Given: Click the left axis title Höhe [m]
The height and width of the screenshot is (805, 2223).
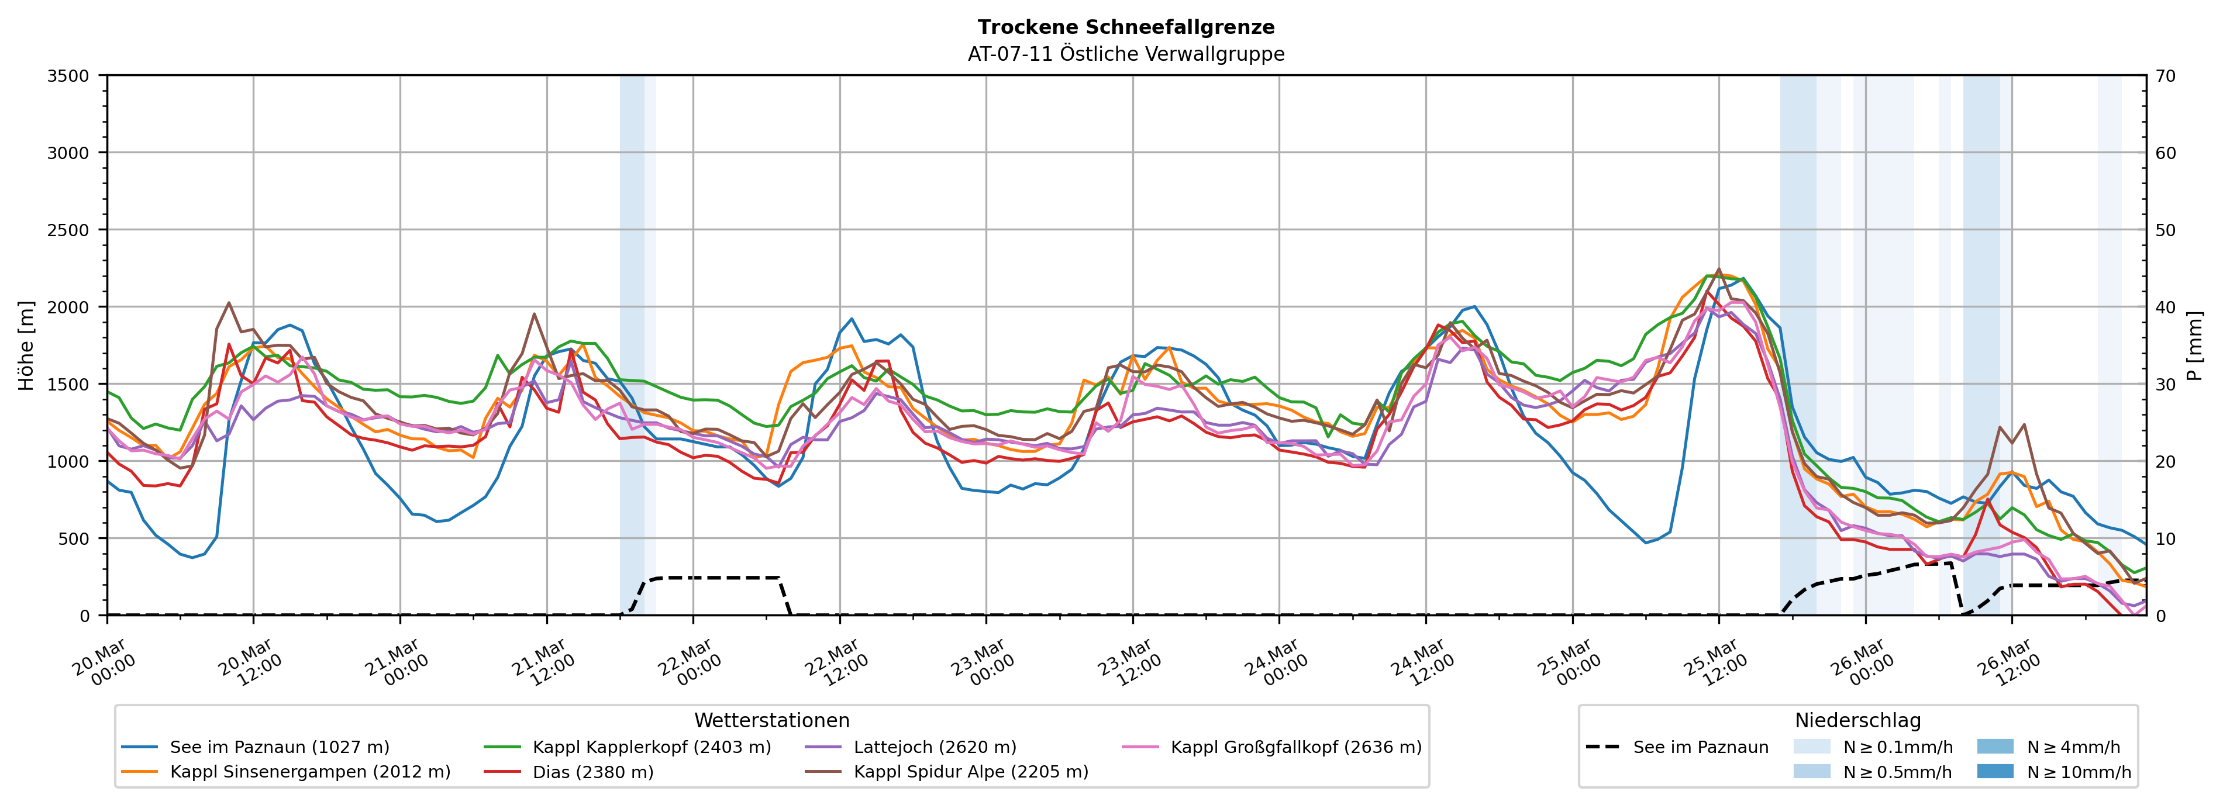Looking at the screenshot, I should click(x=27, y=345).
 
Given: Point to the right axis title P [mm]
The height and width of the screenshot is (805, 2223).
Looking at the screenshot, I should click(x=2194, y=345).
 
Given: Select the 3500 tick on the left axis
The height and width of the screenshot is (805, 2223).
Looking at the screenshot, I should click(x=67, y=76).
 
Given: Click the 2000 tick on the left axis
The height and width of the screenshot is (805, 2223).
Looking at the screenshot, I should click(x=67, y=307).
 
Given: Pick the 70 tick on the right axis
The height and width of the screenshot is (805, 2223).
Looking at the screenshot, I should click(x=2165, y=76).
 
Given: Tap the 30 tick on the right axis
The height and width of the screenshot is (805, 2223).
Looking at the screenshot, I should click(x=2165, y=384).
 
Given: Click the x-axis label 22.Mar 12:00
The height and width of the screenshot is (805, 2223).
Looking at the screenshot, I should click(x=835, y=662).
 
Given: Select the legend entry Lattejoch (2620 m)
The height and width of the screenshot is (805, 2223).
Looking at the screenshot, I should click(x=935, y=747).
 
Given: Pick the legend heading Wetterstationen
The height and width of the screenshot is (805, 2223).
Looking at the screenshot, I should click(x=771, y=720).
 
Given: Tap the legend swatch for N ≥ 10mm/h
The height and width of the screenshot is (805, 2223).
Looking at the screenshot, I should click(x=1995, y=771).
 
